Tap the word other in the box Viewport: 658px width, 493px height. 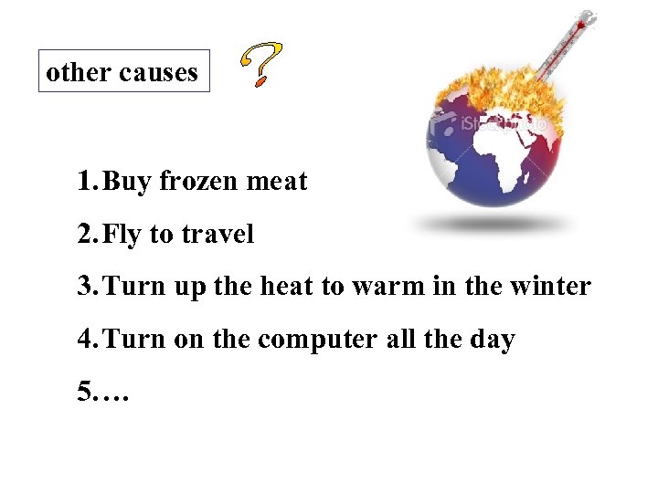pos(76,72)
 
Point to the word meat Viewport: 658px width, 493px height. pos(278,182)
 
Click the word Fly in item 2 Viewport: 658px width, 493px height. pos(122,235)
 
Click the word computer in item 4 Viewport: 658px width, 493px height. pos(316,340)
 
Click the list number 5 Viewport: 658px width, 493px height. pos(85,393)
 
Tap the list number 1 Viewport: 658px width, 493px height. pos(85,182)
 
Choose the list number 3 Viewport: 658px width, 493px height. pos(85,287)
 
